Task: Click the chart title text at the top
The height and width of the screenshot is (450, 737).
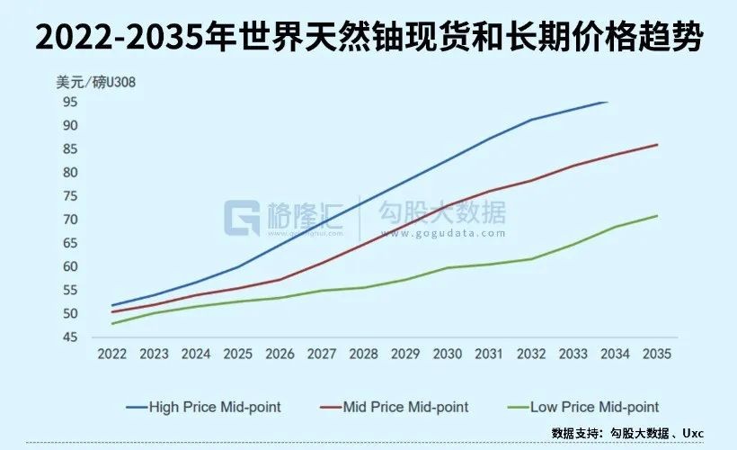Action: coord(368,39)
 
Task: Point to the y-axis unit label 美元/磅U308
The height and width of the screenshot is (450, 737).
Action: coord(94,83)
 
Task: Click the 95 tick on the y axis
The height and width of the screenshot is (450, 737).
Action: coord(71,102)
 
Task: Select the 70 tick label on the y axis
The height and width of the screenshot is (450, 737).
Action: coord(71,220)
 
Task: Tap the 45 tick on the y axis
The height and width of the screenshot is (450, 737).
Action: coord(71,337)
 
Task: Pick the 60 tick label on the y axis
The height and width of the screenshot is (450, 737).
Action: coord(71,266)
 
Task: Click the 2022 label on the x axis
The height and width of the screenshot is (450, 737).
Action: coord(112,355)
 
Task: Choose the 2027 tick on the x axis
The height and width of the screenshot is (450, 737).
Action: coord(322,355)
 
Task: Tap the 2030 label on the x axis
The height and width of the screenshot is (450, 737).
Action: coord(448,355)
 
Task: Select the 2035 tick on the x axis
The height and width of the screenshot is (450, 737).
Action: coord(657,355)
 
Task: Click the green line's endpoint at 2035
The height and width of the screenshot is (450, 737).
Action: coord(657,215)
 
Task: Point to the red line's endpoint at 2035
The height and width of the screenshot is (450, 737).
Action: coord(657,144)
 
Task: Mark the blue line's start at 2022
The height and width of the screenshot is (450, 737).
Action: coord(112,305)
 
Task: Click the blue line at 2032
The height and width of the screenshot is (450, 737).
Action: coord(531,120)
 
